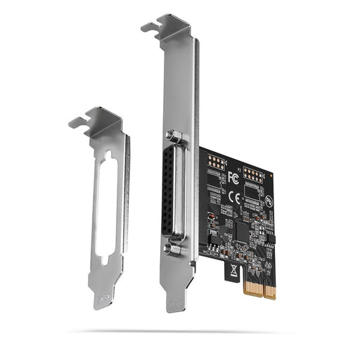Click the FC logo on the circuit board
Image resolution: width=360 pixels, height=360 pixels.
[233, 179]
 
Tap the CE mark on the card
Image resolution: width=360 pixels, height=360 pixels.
[236, 198]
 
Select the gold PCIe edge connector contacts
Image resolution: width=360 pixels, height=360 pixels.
[259, 287]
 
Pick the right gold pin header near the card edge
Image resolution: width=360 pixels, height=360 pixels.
[252, 174]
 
